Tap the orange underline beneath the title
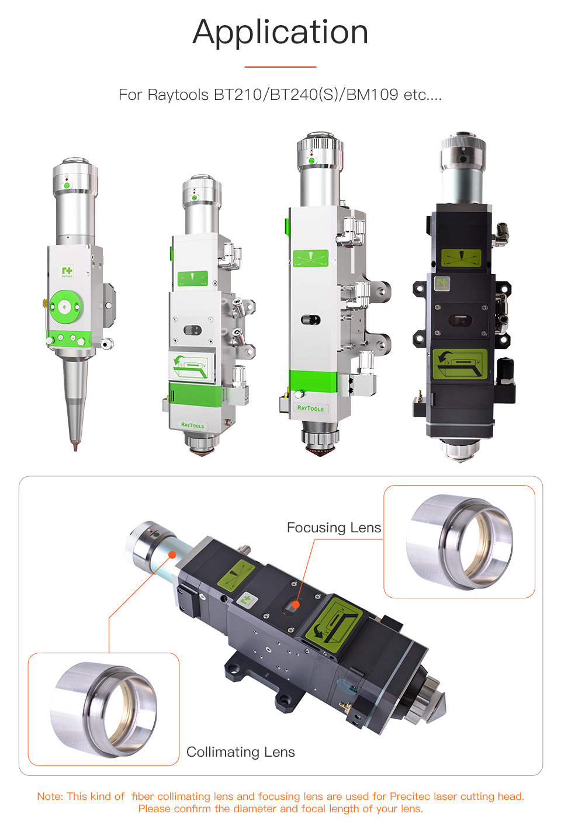[280, 67]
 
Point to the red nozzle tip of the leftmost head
[74, 446]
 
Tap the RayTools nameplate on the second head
[192, 425]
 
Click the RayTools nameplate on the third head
[310, 408]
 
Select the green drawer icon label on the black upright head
[459, 364]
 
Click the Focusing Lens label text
[334, 528]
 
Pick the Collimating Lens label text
[240, 752]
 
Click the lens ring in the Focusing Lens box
[459, 542]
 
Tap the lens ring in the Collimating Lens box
[103, 709]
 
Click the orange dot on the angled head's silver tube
[172, 555]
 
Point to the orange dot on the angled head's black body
[296, 605]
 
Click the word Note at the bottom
[49, 796]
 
